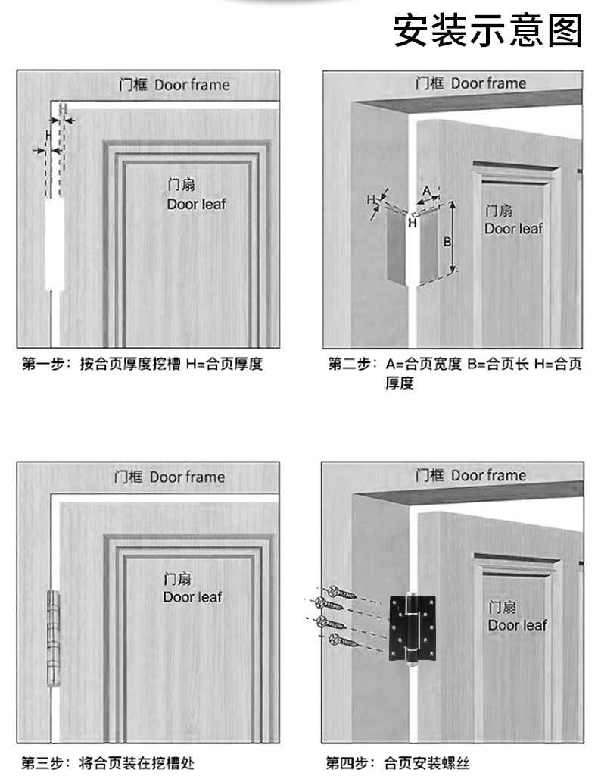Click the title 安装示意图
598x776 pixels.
click(488, 31)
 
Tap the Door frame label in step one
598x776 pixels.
click(174, 84)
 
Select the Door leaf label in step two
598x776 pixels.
click(514, 220)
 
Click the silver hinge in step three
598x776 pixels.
click(52, 637)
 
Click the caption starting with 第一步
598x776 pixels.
click(142, 364)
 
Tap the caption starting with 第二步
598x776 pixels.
click(454, 373)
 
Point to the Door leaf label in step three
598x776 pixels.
click(192, 588)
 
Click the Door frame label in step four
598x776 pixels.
click(470, 475)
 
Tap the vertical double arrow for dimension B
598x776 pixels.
click(453, 238)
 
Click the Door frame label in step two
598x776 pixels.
click(470, 83)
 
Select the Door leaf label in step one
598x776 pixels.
click(196, 195)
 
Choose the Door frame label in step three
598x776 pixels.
click(170, 477)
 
